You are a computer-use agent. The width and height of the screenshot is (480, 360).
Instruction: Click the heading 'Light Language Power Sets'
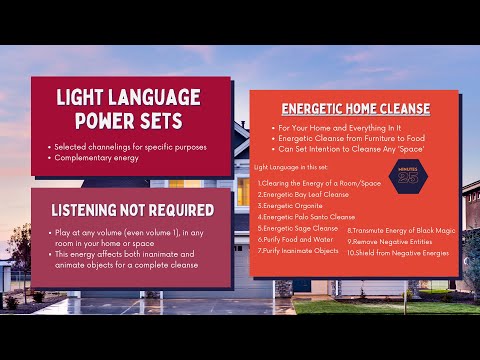tap(128, 109)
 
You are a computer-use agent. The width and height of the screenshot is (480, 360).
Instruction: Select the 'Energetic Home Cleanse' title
tap(355, 108)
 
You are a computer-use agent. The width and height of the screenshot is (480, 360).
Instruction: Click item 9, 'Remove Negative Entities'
tap(393, 241)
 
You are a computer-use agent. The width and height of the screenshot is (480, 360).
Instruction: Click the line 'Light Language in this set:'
tap(289, 166)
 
